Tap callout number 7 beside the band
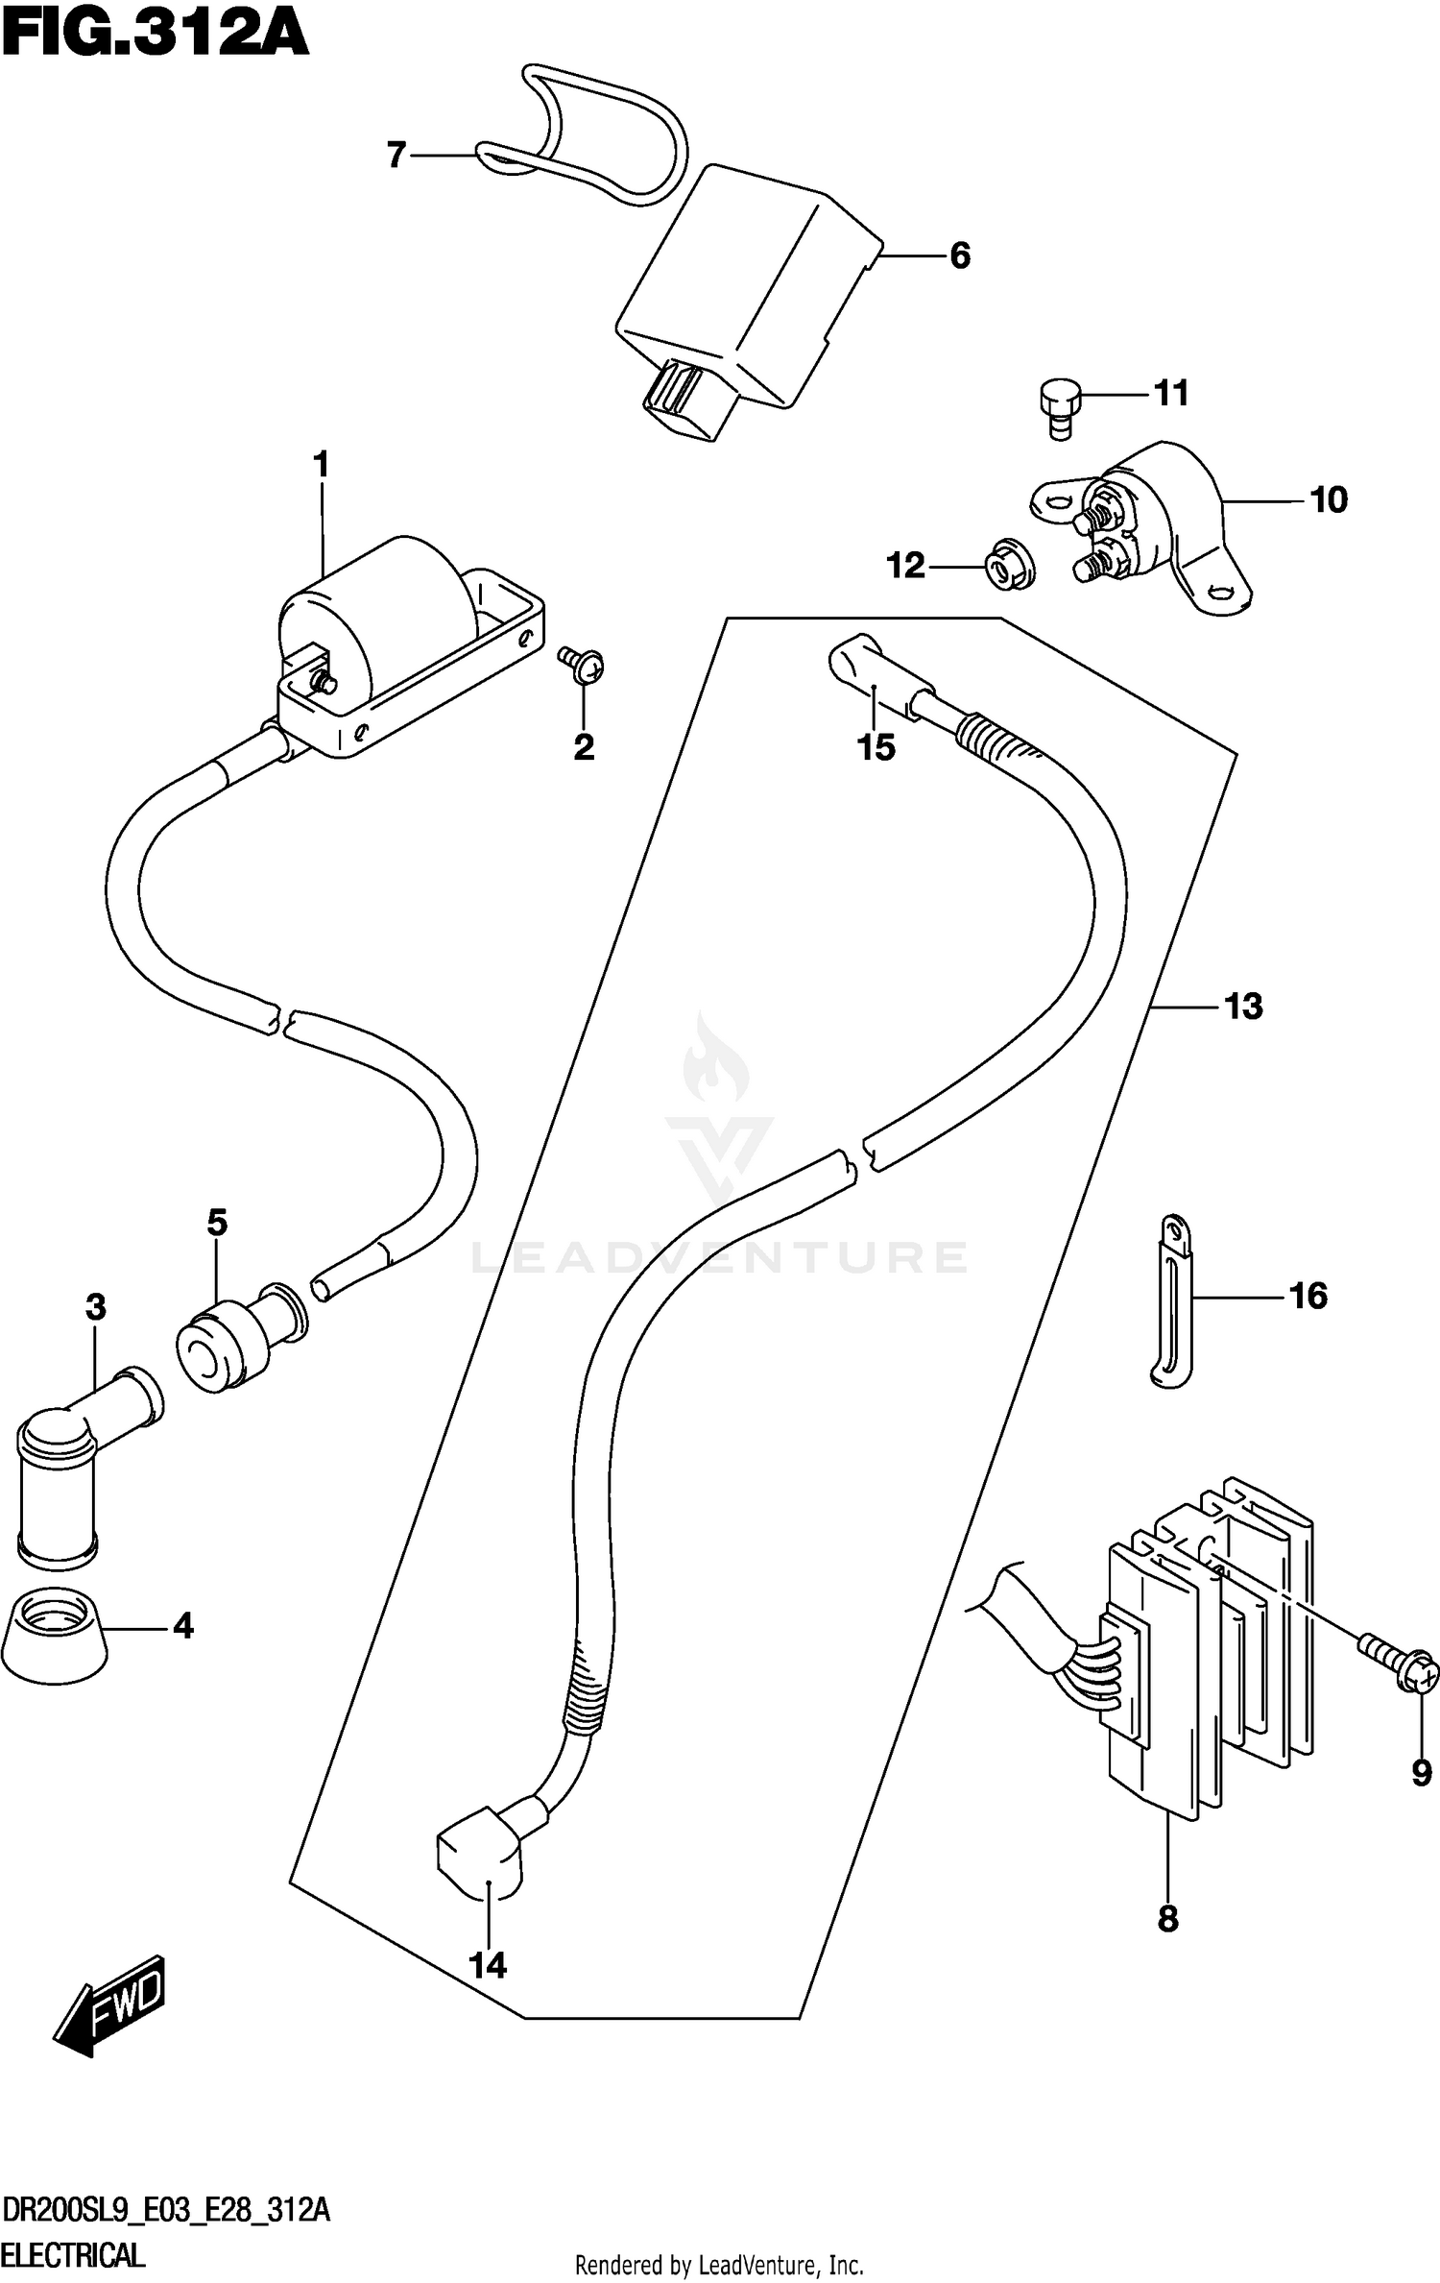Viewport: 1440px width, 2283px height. [x=396, y=155]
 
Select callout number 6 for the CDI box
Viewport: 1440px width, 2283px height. [x=960, y=255]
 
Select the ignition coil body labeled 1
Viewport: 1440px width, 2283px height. [x=374, y=615]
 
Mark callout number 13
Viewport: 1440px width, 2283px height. [x=1244, y=1007]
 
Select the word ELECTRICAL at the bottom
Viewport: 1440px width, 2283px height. [x=74, y=2254]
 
